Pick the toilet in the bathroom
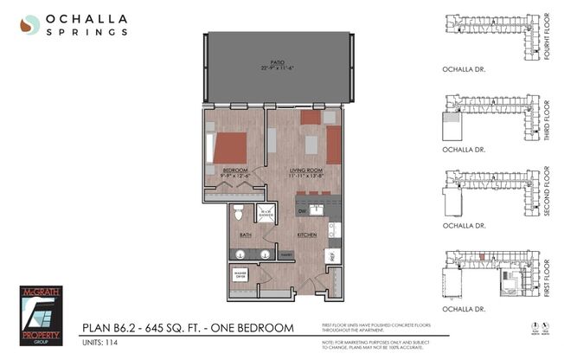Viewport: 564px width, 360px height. [x=240, y=215]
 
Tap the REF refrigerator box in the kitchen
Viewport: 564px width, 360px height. [x=330, y=255]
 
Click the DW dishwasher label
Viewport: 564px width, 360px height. [x=303, y=211]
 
